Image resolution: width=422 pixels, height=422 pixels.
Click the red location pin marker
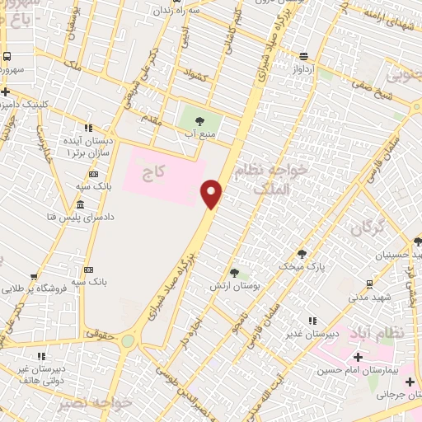pos(212,194)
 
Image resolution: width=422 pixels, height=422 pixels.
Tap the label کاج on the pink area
pos(154,171)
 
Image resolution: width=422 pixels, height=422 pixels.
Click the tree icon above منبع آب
pos(199,122)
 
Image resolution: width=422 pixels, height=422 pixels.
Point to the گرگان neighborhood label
pos(367,228)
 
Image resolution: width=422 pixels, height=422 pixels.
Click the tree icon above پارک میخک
pos(302,253)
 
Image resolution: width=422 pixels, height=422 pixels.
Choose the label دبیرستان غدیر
pos(309,334)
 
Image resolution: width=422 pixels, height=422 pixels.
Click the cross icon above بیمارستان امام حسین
pos(358,357)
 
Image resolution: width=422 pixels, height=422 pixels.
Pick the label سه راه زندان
pos(185,12)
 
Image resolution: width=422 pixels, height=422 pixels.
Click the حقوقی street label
pos(122,334)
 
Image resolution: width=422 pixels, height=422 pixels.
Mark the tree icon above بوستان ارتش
pos(234,272)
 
